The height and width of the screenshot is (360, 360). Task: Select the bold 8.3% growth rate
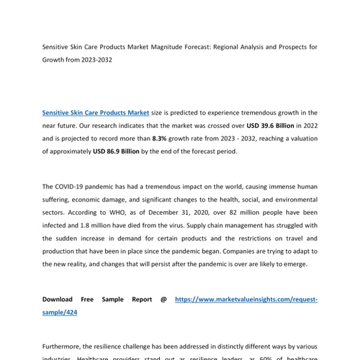coord(160,138)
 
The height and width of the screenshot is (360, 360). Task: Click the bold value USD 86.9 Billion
coord(116,151)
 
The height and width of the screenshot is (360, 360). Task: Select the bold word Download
coord(58,299)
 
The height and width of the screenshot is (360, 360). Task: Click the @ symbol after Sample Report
coord(164,299)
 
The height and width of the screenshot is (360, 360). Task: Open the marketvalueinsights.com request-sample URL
coord(246,299)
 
